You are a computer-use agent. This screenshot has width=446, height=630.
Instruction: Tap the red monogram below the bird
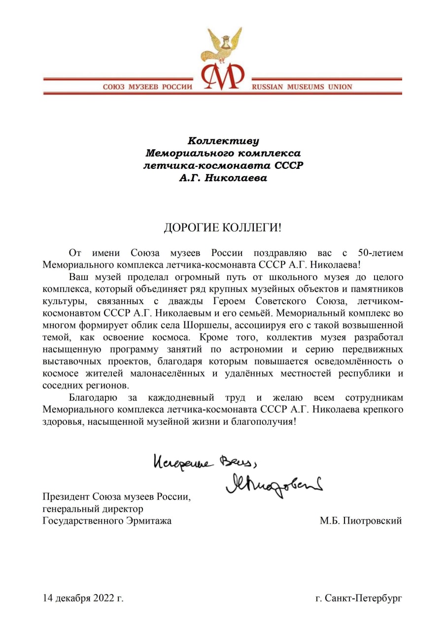(x=222, y=77)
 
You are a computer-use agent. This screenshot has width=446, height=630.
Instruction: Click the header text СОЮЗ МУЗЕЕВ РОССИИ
(x=147, y=87)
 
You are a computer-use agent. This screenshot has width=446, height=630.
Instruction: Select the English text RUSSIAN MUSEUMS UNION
(x=302, y=87)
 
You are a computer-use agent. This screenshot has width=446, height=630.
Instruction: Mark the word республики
(x=363, y=374)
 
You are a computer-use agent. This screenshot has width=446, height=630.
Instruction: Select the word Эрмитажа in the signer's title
(x=152, y=520)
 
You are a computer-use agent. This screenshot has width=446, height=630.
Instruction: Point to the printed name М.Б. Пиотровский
(x=360, y=520)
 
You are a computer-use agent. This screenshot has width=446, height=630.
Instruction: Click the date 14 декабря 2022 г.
(x=83, y=598)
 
